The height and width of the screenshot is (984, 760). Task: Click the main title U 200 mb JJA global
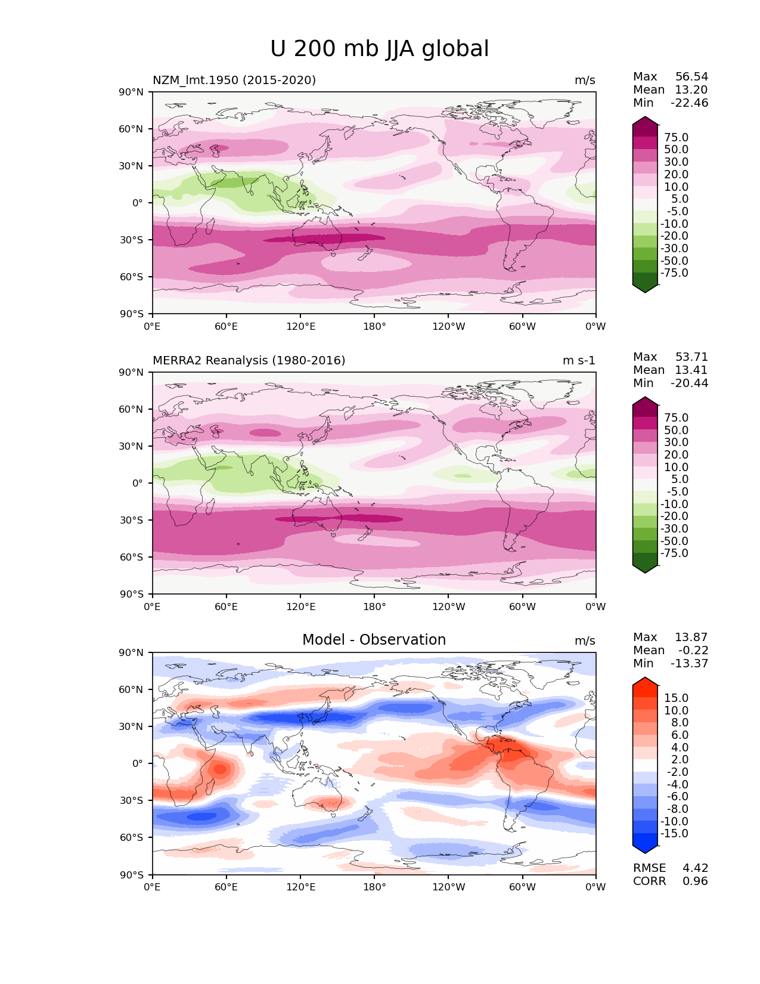(x=379, y=49)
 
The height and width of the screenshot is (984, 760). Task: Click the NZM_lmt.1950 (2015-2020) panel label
(x=234, y=80)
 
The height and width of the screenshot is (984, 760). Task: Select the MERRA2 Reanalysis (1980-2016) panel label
(x=249, y=360)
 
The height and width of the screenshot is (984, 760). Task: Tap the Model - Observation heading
(x=374, y=640)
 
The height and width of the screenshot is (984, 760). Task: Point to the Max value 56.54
(x=691, y=77)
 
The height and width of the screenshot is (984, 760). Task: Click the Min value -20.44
(x=689, y=383)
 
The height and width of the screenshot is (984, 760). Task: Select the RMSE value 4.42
(x=695, y=868)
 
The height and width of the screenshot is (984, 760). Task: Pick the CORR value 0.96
(x=695, y=881)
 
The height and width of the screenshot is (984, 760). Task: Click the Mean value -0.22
(x=693, y=651)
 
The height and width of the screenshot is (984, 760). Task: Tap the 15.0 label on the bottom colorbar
(x=676, y=698)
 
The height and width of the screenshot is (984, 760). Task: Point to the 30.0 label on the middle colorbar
(x=676, y=443)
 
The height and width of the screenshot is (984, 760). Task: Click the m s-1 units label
(x=579, y=361)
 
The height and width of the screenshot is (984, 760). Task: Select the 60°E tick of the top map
(x=226, y=326)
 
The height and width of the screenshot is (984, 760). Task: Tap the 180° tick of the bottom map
(x=374, y=887)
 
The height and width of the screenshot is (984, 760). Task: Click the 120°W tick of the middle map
(x=448, y=607)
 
